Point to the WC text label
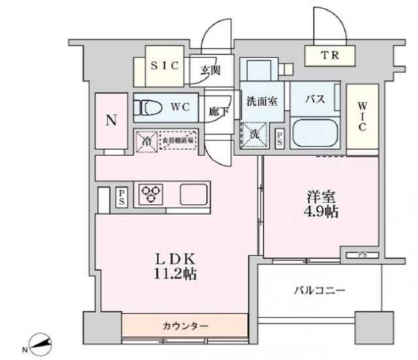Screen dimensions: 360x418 (x=181, y=106)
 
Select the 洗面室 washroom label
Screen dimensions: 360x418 (x=262, y=101)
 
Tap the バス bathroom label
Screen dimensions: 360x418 (x=316, y=100)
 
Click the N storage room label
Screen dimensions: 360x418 (x=112, y=121)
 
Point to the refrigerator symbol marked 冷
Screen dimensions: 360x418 (x=148, y=140)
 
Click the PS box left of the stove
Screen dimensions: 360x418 (x=121, y=197)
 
